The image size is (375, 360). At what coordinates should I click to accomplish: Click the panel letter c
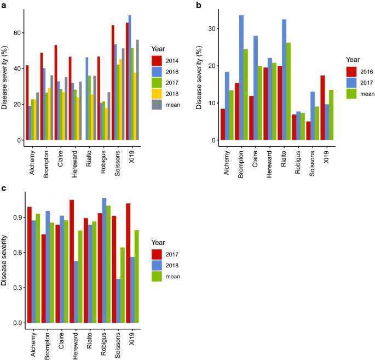(x=3, y=188)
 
